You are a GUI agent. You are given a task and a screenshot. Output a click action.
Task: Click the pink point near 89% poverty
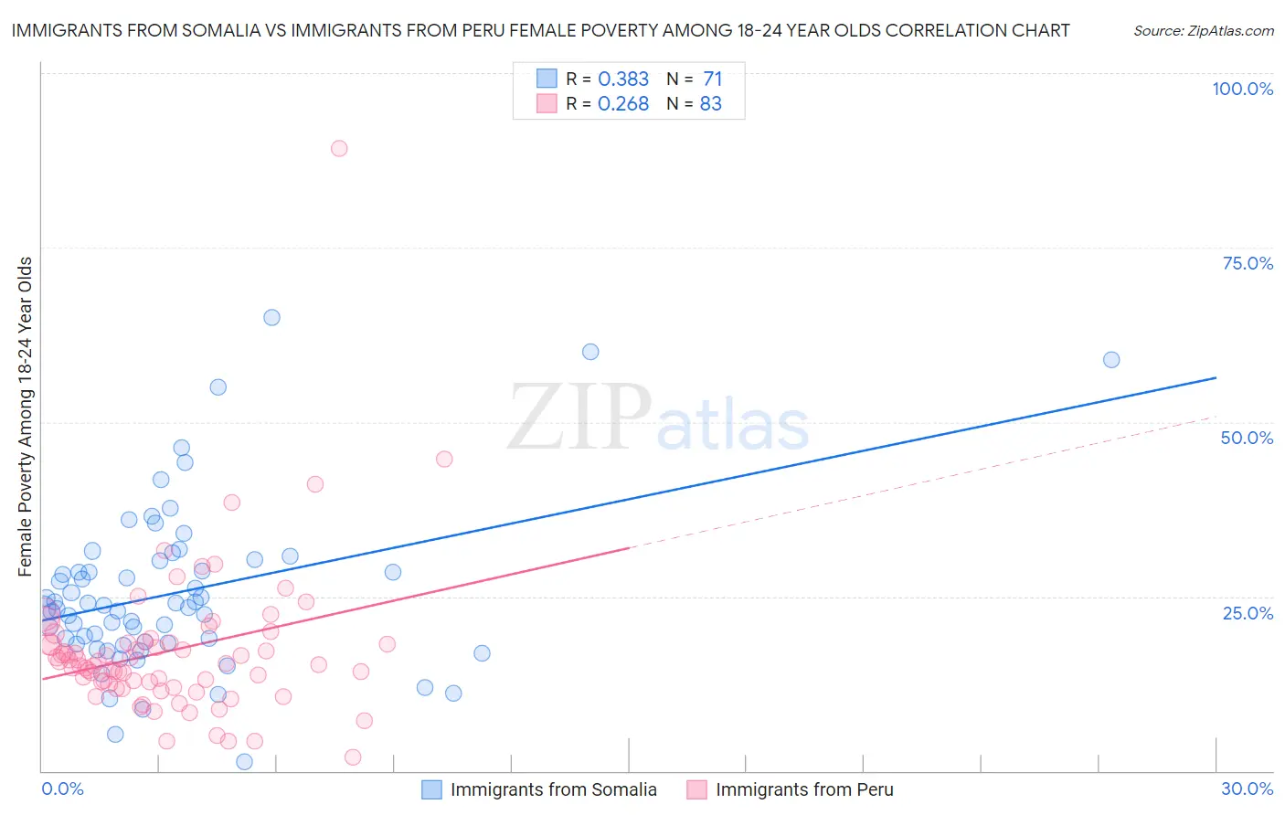click(x=339, y=148)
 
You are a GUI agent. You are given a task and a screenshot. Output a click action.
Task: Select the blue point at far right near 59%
click(x=1111, y=360)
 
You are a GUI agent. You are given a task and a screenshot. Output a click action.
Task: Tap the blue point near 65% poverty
click(x=271, y=318)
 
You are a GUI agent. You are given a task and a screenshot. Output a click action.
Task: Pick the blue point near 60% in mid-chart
click(x=590, y=352)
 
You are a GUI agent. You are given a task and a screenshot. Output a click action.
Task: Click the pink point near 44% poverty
click(x=444, y=459)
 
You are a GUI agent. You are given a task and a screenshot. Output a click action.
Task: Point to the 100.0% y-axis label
click(x=1242, y=89)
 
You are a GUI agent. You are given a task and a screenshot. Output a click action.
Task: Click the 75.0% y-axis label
click(x=1248, y=263)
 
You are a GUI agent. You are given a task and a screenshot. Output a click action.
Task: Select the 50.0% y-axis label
click(x=1247, y=438)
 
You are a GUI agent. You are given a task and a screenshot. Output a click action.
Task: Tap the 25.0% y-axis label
click(x=1248, y=612)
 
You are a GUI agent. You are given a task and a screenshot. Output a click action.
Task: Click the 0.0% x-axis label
click(x=62, y=789)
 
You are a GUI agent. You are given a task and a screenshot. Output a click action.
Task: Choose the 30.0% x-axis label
click(x=1247, y=789)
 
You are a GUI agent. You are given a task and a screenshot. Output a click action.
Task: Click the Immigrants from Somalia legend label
click(x=553, y=789)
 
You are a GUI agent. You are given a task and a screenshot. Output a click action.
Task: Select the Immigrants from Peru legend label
click(x=804, y=789)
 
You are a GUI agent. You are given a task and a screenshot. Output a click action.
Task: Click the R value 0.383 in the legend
click(x=623, y=79)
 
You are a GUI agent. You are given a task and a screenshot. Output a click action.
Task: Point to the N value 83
click(x=711, y=104)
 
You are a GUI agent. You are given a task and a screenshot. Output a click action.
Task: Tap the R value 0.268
click(x=623, y=104)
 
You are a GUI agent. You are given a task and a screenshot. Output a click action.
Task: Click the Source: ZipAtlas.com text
click(x=1203, y=31)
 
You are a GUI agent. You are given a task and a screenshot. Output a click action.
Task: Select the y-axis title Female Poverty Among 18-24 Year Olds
click(x=26, y=417)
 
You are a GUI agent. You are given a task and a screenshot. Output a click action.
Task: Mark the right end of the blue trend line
click(x=1216, y=377)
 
